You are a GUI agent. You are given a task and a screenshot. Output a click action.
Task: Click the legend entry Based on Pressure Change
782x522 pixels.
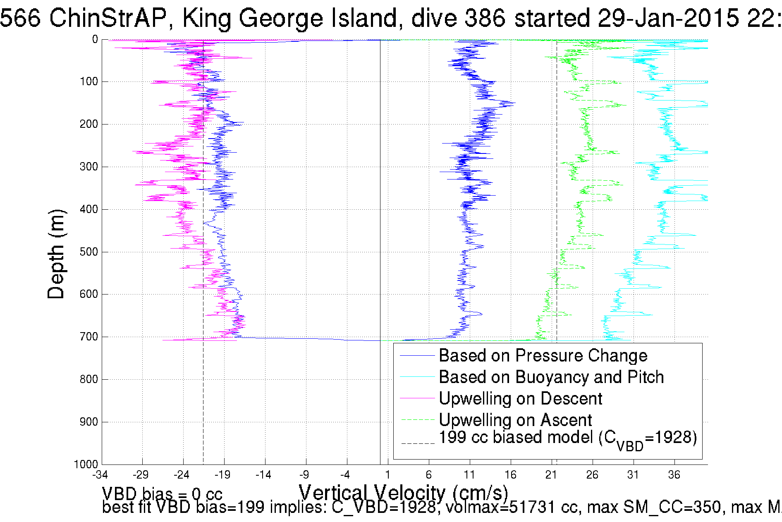(x=543, y=356)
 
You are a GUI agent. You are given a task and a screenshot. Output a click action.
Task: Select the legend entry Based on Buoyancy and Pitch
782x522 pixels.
(x=551, y=377)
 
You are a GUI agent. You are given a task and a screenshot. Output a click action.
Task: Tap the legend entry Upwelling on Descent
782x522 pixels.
(x=520, y=399)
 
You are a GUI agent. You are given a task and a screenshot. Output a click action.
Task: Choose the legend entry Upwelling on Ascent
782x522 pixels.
(x=515, y=420)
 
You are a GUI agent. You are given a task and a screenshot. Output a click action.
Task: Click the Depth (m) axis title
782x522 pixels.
(x=56, y=254)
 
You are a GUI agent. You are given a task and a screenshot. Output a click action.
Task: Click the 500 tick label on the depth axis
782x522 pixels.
(x=88, y=252)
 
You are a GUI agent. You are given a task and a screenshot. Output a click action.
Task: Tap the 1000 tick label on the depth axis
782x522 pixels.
(x=86, y=464)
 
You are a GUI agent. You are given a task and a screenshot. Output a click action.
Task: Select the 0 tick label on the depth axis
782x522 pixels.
(x=95, y=40)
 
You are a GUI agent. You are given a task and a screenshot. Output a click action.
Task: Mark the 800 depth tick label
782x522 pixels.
(x=88, y=379)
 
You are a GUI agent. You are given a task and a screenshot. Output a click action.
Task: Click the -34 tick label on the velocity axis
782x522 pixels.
(x=100, y=475)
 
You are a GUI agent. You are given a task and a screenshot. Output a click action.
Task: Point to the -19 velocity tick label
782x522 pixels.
(x=223, y=475)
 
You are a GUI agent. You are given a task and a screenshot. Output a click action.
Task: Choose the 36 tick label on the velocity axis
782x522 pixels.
(x=674, y=475)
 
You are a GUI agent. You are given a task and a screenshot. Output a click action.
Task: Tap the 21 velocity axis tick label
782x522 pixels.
(x=551, y=475)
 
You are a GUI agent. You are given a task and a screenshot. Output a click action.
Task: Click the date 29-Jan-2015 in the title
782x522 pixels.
(x=668, y=18)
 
